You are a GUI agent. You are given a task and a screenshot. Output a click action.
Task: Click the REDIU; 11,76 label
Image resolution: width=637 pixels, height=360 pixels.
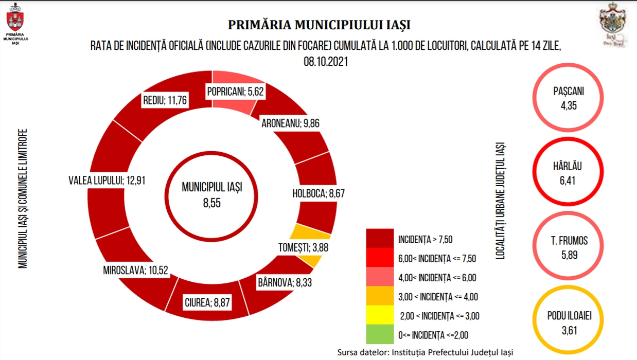(x=165, y=100)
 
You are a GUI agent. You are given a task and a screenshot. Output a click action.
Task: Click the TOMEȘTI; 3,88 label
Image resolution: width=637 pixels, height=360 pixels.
(x=300, y=247)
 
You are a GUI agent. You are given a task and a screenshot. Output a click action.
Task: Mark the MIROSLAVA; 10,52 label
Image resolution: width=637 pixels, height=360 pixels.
(x=136, y=270)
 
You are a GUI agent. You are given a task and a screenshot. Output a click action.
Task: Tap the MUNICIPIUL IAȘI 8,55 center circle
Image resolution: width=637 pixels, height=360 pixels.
(x=211, y=194)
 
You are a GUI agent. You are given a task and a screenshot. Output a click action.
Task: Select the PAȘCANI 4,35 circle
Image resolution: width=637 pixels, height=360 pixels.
(x=569, y=99)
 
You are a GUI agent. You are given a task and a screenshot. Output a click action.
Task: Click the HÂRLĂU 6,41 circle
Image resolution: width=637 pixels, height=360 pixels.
(x=569, y=172)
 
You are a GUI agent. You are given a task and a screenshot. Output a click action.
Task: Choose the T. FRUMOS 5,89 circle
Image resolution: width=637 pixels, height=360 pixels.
(x=569, y=246)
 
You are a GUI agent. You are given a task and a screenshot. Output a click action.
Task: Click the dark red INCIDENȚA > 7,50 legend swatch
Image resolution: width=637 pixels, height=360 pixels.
(x=380, y=239)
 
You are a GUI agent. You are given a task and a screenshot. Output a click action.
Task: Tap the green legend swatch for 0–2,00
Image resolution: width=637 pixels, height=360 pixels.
(x=380, y=335)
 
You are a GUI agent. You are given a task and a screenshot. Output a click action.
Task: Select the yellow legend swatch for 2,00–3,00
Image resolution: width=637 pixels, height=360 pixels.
(x=380, y=316)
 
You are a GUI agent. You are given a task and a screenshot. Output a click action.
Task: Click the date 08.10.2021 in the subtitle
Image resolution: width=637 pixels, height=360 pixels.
(x=326, y=61)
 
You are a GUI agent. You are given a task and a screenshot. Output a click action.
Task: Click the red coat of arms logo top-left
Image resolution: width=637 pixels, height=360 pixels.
(x=14, y=21)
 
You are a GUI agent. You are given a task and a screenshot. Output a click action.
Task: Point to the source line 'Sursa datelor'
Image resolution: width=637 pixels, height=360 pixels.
(x=425, y=352)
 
